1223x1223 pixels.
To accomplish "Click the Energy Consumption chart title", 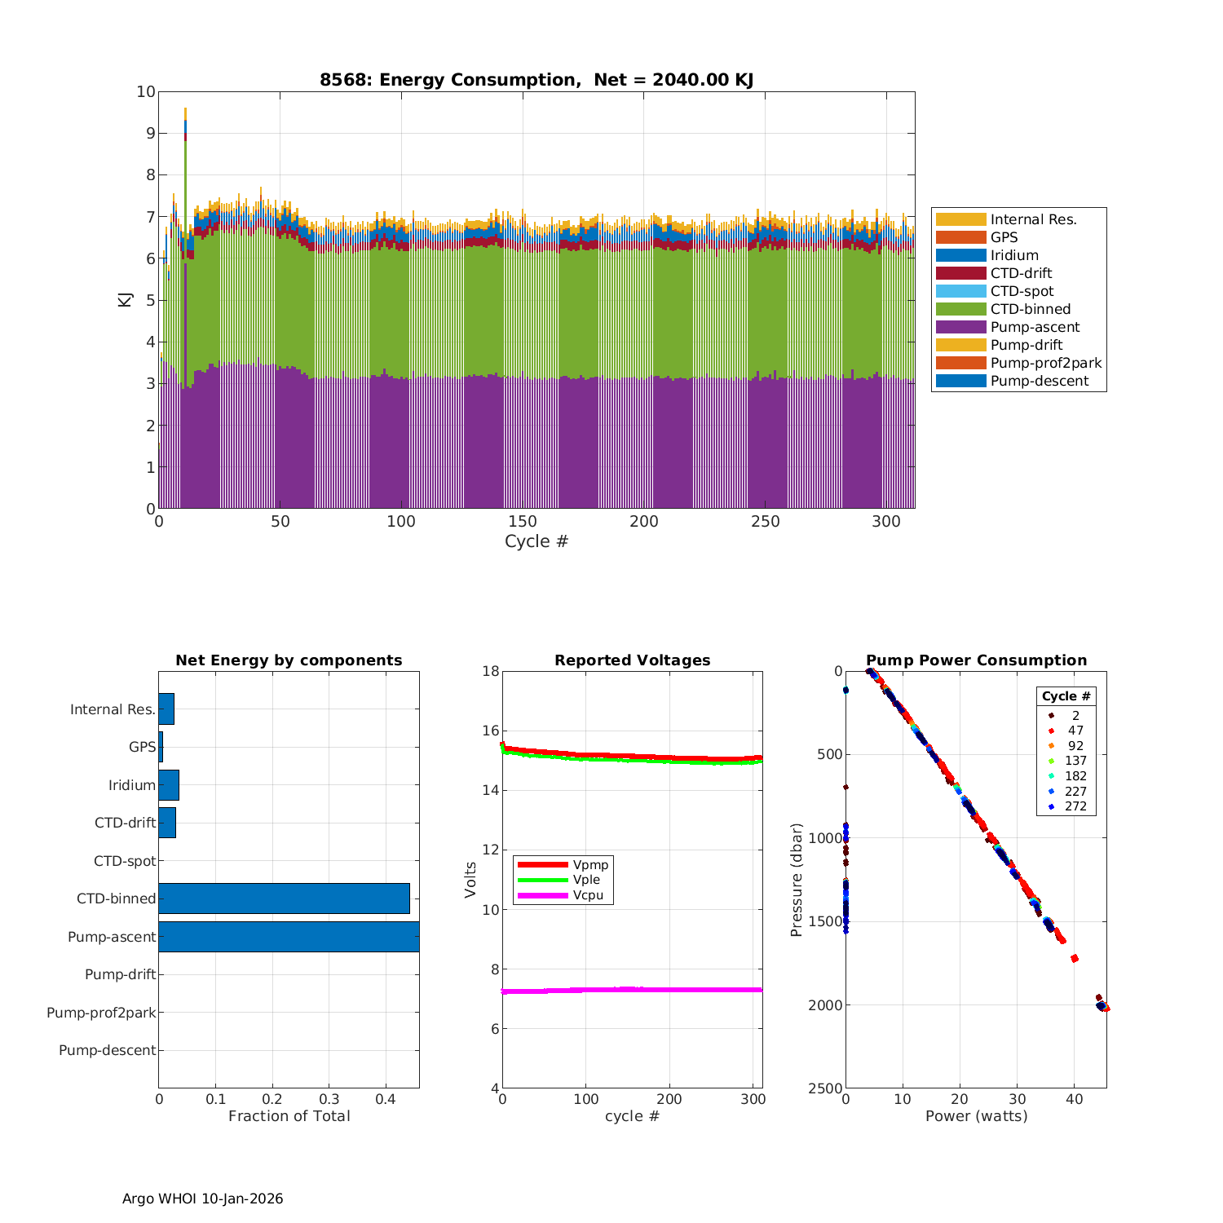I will [x=536, y=80].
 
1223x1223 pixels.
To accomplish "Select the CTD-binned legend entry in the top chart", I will [x=1030, y=309].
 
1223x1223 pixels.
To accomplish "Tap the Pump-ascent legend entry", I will [x=1035, y=327].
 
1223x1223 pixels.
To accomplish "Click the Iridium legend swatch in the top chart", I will [x=960, y=255].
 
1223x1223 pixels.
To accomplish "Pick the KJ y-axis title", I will [x=126, y=299].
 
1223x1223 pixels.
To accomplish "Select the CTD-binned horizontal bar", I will [x=284, y=898].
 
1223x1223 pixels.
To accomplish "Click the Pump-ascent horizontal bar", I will [x=289, y=936].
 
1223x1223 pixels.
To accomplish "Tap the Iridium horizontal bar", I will [x=169, y=784].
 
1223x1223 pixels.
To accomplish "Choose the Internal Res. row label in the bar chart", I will [x=113, y=709].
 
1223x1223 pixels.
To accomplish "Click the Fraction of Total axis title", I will [x=289, y=1116].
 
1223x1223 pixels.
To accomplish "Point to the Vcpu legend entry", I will [x=587, y=895].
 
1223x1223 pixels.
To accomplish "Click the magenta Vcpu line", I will [x=632, y=990].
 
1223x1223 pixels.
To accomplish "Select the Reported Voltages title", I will [x=632, y=660].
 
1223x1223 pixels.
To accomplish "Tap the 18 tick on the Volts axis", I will [x=491, y=671].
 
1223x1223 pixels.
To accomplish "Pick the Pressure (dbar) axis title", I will [x=797, y=879].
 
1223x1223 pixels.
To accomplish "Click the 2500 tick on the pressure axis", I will [x=826, y=1088].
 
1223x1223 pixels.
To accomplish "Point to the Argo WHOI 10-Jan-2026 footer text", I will [x=202, y=1199].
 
